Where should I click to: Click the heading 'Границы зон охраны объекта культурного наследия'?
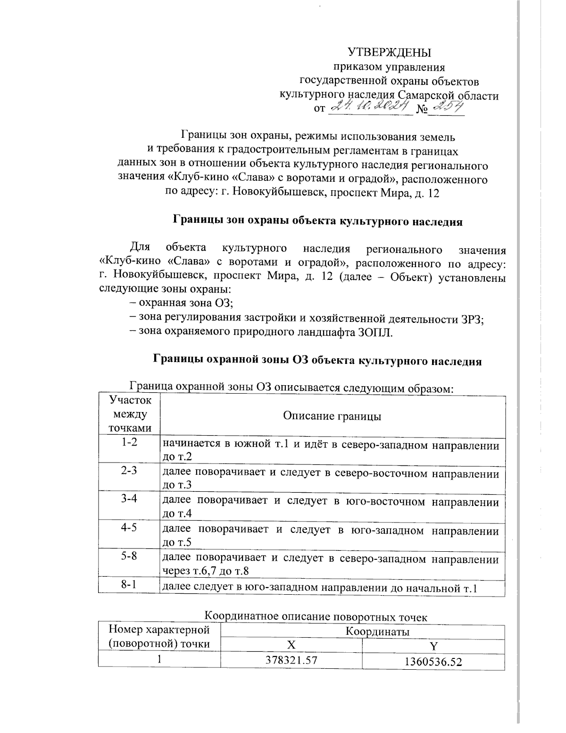click(318, 220)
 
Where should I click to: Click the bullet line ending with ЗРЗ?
click(307, 318)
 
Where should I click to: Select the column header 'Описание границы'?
click(332, 416)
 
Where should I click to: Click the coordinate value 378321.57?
click(291, 660)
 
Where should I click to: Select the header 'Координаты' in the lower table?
click(377, 632)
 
